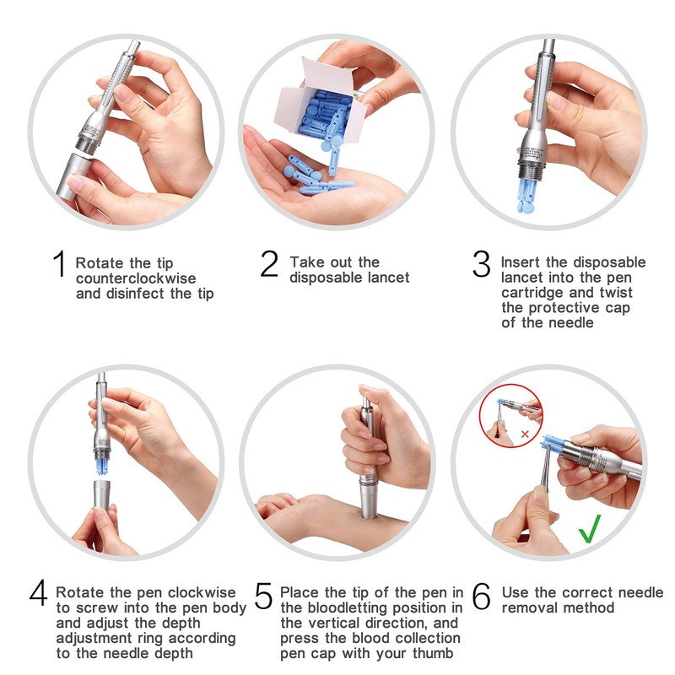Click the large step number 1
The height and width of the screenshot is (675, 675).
(x=60, y=264)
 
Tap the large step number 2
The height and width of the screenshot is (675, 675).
(x=269, y=264)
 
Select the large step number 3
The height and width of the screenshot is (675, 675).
(x=481, y=264)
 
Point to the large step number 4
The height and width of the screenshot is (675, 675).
(x=38, y=593)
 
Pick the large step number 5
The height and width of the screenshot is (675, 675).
(x=263, y=596)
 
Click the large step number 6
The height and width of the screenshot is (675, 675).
(x=481, y=596)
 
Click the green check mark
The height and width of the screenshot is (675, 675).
(x=590, y=529)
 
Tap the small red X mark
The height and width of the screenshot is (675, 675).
(x=525, y=434)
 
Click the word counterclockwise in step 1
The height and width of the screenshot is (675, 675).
(x=136, y=278)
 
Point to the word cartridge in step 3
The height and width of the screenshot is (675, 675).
(x=534, y=293)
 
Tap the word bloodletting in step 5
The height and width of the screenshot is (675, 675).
(x=347, y=607)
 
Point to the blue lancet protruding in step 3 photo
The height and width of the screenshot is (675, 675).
(x=527, y=196)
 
